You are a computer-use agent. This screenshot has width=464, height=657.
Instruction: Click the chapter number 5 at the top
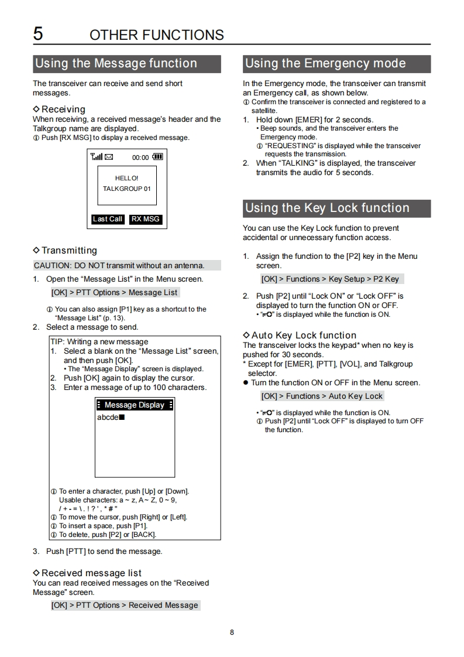[x=38, y=33]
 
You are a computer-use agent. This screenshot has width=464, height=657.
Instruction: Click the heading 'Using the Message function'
[x=116, y=63]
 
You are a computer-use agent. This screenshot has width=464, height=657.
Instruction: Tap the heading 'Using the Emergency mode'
[x=325, y=63]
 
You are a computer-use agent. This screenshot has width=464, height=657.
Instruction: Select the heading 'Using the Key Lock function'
[x=327, y=208]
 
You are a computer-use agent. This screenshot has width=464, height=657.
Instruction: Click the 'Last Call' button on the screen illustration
[x=108, y=219]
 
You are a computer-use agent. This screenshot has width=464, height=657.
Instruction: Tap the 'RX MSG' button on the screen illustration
[x=145, y=219]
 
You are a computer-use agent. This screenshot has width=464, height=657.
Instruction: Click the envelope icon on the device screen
[x=109, y=157]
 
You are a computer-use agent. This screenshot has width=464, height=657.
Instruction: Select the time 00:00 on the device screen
[x=140, y=158]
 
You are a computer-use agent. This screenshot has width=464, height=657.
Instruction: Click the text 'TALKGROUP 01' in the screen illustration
[x=127, y=189]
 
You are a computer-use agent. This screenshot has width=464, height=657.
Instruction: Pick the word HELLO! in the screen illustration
[x=127, y=178]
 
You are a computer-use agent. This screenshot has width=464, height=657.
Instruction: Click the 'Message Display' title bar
[x=135, y=405]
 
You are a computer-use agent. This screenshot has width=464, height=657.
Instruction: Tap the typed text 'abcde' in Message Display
[x=108, y=417]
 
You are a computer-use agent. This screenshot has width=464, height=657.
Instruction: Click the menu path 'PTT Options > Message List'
[x=115, y=292]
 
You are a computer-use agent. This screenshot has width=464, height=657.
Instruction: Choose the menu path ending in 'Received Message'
[x=125, y=605]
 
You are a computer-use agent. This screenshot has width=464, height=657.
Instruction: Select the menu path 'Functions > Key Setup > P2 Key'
[x=330, y=279]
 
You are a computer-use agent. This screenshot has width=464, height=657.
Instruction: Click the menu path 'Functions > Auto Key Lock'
[x=322, y=396]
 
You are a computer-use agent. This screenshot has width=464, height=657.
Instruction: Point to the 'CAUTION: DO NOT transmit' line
[x=119, y=265]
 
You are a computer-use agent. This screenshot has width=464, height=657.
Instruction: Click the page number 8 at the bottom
[x=232, y=632]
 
